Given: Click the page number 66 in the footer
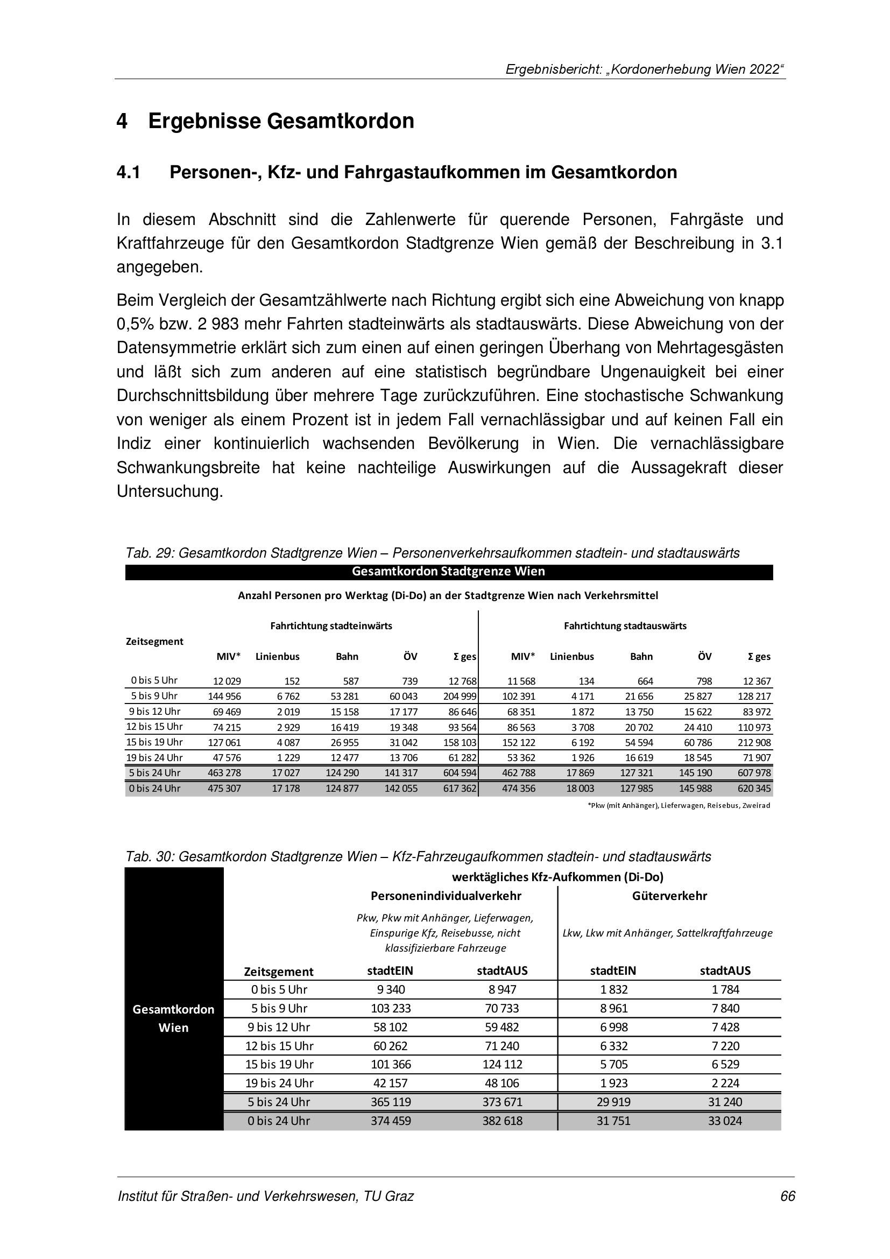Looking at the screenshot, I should point(788,1196).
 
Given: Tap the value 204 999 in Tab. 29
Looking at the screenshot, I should point(462,697).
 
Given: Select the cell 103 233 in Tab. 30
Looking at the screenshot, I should point(391,1008).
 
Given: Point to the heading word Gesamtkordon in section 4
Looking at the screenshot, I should point(340,121).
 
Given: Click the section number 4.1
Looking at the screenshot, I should point(128,173).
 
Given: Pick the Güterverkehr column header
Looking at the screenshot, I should point(669,896).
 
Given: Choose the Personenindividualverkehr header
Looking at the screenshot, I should point(446,896).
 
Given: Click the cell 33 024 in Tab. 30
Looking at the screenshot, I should point(724,1121).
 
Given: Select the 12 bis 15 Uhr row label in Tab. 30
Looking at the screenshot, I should point(279,1046).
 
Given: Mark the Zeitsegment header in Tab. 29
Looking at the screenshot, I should point(154,641).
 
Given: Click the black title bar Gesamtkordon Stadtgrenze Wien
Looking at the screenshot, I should point(448,572).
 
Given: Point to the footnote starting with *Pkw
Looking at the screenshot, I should point(679,806).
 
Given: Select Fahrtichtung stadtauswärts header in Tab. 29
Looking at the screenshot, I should point(625,625).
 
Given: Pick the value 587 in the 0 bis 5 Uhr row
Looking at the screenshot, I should point(351,681).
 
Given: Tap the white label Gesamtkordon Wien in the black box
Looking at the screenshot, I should point(174,1018).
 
